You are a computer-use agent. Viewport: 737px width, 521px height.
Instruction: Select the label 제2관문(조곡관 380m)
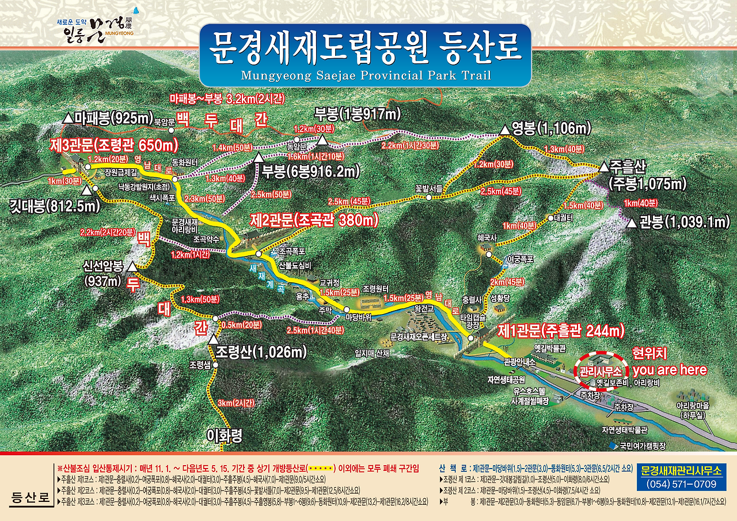tap(314, 220)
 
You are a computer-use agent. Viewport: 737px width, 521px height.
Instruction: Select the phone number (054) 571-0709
tap(681, 485)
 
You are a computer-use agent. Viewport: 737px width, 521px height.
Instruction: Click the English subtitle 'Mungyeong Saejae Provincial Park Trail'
tap(366, 75)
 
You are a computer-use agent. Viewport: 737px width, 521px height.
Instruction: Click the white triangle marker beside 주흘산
tap(603, 167)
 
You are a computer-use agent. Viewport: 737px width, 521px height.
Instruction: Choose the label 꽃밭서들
tap(429, 188)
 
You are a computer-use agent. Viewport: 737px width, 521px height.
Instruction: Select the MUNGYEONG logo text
tap(120, 33)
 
